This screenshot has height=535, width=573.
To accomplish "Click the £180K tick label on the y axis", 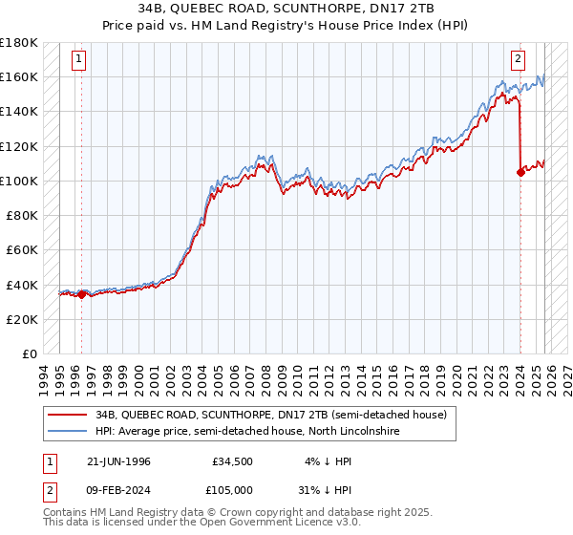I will [x=19, y=43].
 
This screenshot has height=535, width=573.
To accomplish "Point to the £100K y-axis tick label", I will [x=19, y=181].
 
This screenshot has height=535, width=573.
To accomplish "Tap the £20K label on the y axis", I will [x=22, y=319].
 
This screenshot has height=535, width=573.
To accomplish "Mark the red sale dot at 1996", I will [x=81, y=294].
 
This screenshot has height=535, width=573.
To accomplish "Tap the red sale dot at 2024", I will [x=520, y=173].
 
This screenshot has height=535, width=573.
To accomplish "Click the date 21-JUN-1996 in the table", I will [x=118, y=461].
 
